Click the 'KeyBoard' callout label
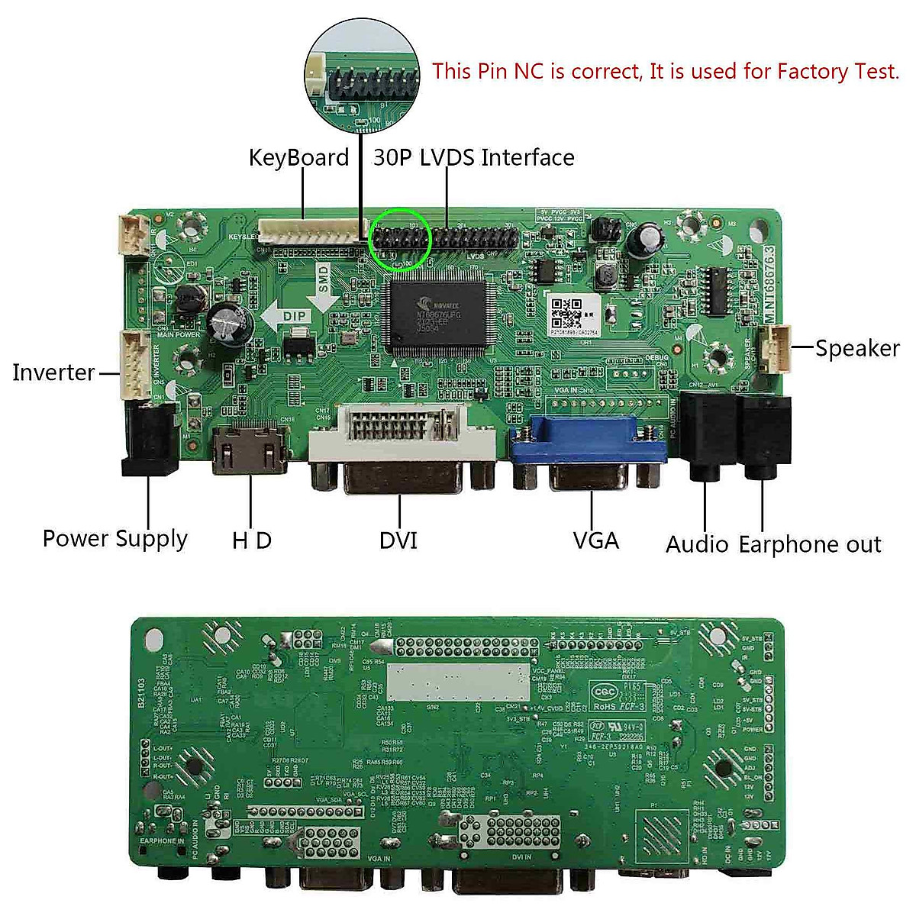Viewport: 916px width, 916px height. click(x=298, y=158)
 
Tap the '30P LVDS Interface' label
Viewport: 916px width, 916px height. click(x=473, y=158)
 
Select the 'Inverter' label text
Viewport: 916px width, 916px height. click(x=53, y=373)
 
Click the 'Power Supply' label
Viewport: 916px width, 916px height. click(x=114, y=539)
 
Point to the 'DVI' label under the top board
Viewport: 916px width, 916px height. click(x=398, y=540)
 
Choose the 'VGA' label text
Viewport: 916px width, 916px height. click(x=595, y=540)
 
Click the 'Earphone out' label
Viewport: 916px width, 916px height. click(x=810, y=544)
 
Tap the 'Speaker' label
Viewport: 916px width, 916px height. click(x=857, y=348)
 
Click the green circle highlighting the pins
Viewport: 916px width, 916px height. click(x=400, y=238)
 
